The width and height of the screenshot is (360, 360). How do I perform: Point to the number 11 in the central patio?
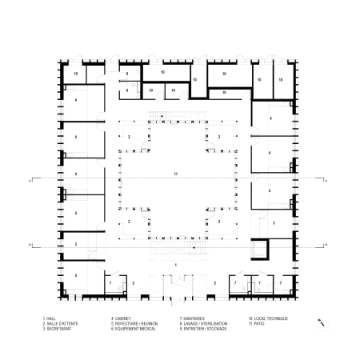click(177, 174)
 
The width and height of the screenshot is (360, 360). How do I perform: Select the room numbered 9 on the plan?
click(127, 74)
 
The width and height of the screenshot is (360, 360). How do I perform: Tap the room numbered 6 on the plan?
click(127, 90)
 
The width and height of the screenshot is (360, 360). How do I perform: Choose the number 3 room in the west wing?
click(75, 244)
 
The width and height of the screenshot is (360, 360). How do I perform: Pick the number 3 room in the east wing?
click(274, 223)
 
